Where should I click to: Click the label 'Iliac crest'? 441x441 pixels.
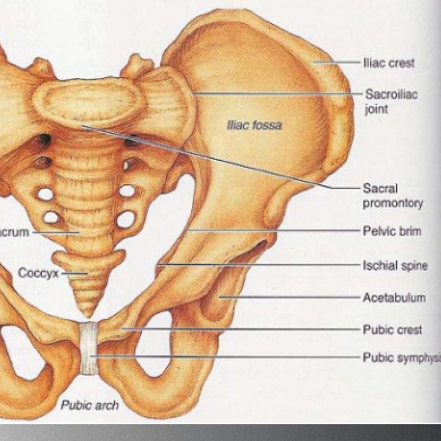tap(389, 63)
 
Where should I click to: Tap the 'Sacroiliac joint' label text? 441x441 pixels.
tap(391, 101)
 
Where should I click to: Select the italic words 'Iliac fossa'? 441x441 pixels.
tap(255, 125)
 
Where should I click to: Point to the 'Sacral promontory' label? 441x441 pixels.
tap(392, 196)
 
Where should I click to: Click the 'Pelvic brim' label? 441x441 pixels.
tap(392, 231)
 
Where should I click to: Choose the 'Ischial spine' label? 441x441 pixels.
tap(395, 265)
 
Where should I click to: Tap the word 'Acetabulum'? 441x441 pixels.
tap(394, 298)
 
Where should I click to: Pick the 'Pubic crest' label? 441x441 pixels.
tap(392, 330)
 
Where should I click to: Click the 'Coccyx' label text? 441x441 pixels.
tap(38, 273)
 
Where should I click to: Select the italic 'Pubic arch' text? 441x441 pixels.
tap(90, 405)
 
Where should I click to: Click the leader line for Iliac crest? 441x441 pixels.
tap(337, 62)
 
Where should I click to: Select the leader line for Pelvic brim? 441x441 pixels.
tap(274, 230)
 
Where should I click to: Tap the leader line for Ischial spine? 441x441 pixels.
tap(258, 265)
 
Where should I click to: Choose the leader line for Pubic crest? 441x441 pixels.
tap(241, 329)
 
